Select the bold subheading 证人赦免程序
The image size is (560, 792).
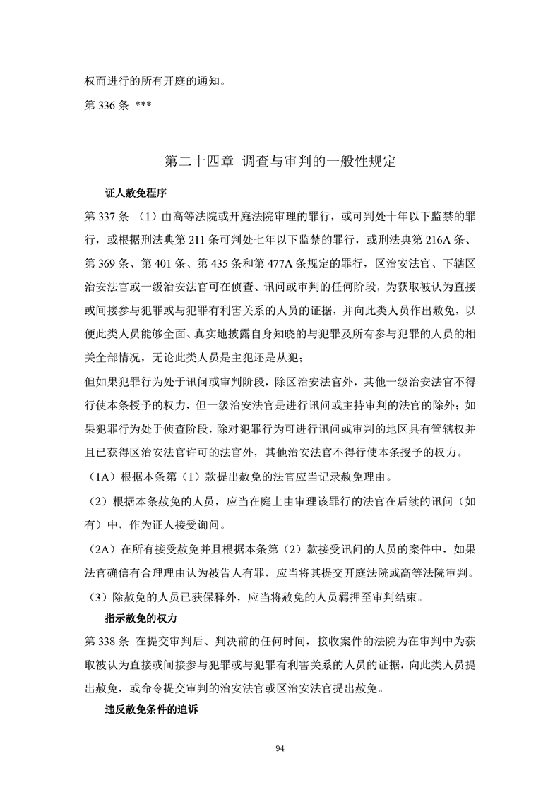136,192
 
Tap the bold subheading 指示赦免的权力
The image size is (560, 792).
140,618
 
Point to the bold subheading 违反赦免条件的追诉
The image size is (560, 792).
150,710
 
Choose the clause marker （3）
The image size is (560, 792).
99,596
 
